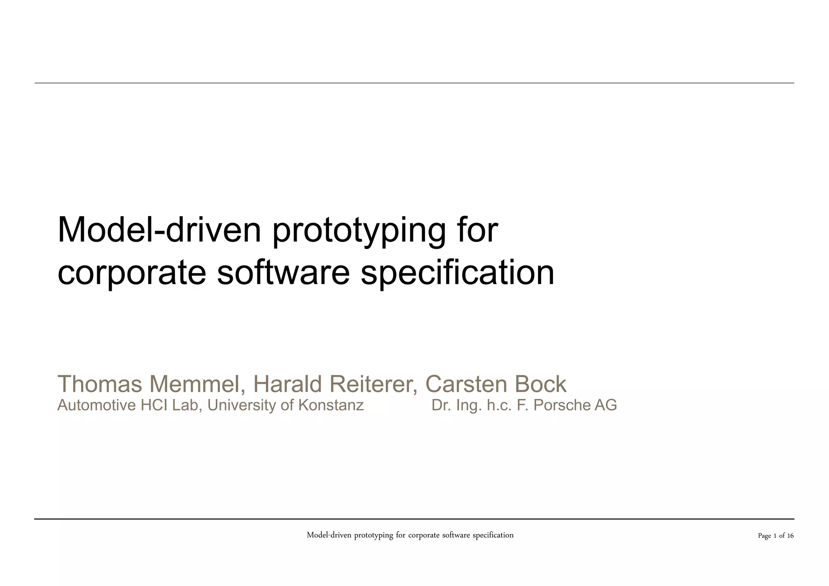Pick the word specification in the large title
(457, 273)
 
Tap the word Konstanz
(331, 405)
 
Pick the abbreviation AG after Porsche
(606, 405)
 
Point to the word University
(242, 405)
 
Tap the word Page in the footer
(764, 536)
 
